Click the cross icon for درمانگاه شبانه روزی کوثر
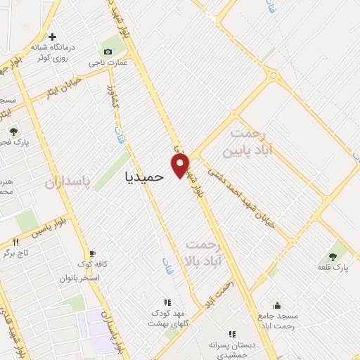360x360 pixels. click(51, 37)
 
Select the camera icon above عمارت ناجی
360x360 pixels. click(107, 51)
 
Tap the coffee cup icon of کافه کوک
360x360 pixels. click(91, 253)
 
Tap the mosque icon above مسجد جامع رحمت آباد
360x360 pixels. click(277, 305)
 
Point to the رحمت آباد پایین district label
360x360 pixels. click(247, 143)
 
